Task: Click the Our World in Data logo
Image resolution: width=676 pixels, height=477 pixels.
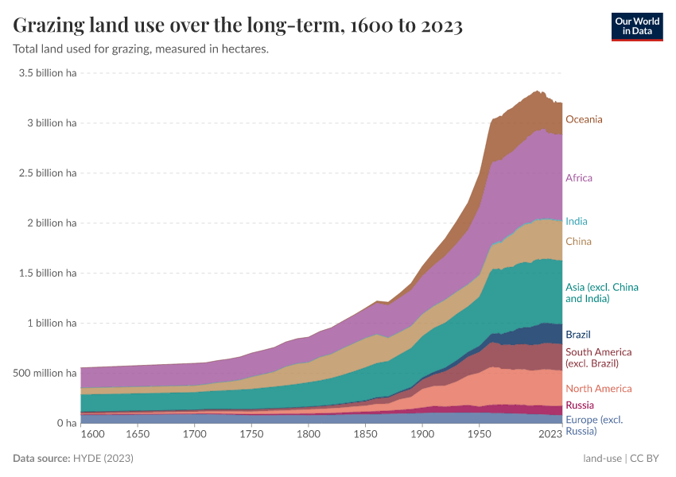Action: [637, 25]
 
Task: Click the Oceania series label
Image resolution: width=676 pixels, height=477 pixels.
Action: [584, 119]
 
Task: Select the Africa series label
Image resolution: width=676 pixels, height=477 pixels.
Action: [578, 178]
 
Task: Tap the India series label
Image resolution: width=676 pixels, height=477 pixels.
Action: [576, 221]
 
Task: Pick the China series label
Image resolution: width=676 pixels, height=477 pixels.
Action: [578, 241]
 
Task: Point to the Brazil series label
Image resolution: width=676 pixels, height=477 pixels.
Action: [577, 335]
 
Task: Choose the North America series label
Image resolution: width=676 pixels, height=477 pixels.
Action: [598, 389]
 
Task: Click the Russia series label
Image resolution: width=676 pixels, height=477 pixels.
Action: [579, 405]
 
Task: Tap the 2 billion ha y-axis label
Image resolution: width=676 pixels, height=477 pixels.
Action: [50, 223]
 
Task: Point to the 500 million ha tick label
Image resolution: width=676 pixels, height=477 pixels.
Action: [45, 373]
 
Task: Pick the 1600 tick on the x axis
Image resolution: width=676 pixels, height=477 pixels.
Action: [93, 435]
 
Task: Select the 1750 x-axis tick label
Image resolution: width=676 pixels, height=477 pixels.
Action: [251, 435]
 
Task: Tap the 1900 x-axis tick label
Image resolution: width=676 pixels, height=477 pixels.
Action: [422, 435]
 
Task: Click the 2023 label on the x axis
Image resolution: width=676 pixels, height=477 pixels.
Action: [550, 435]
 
